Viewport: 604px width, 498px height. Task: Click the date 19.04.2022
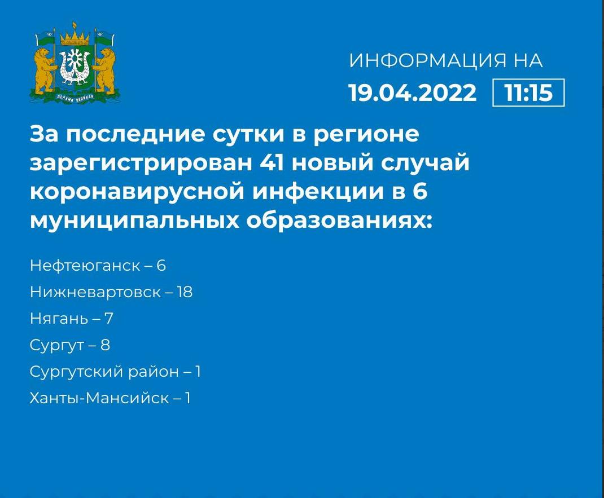[413, 92]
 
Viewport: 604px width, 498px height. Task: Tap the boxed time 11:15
[528, 92]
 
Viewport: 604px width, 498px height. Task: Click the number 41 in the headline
[272, 162]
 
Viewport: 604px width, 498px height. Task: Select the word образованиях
[339, 221]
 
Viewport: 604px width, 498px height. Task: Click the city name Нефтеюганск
[85, 266]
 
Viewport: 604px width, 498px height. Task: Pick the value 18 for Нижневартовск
[185, 292]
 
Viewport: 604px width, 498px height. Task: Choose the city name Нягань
[59, 319]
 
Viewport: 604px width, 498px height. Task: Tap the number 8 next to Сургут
[106, 345]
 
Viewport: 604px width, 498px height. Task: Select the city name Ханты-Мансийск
[99, 398]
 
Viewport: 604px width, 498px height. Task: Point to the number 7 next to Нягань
[108, 319]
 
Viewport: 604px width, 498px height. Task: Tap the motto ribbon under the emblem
[75, 98]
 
